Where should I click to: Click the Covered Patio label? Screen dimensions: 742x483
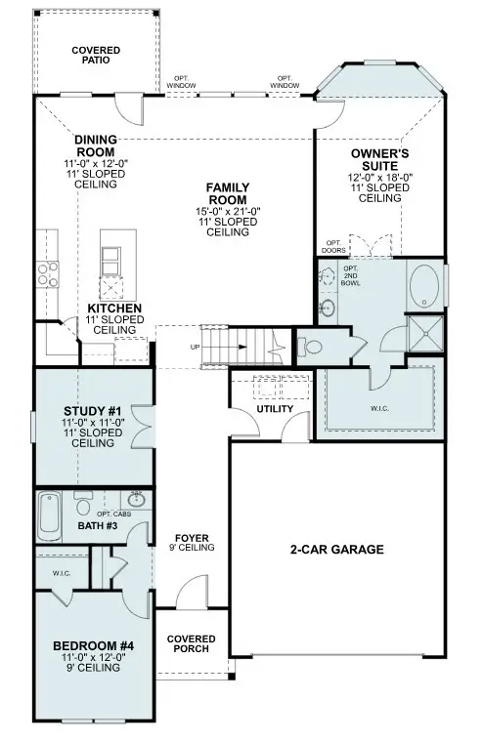click(x=96, y=55)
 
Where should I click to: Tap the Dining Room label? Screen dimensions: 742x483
click(x=96, y=146)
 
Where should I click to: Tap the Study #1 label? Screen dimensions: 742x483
click(x=92, y=411)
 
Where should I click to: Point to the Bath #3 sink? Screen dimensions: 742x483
click(x=136, y=500)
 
